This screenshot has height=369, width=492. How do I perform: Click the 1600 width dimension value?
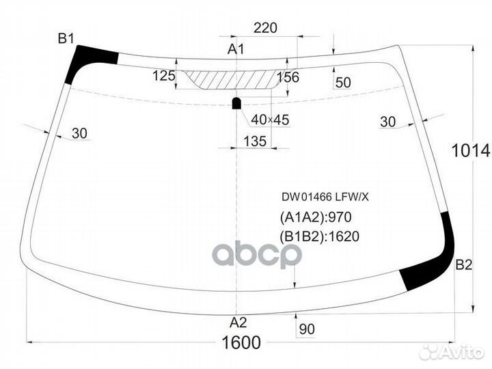(x=241, y=342)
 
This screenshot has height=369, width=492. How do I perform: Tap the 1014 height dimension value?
(x=471, y=150)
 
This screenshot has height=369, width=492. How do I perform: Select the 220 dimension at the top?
(x=265, y=28)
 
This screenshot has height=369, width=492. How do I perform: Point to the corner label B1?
(x=66, y=38)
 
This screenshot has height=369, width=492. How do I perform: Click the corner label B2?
(x=464, y=265)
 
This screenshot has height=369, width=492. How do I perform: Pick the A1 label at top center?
(x=236, y=49)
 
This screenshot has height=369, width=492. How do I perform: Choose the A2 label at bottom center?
(x=238, y=323)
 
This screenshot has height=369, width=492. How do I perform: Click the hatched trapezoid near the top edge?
(x=232, y=80)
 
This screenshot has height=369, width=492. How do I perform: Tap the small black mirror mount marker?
(x=236, y=103)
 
